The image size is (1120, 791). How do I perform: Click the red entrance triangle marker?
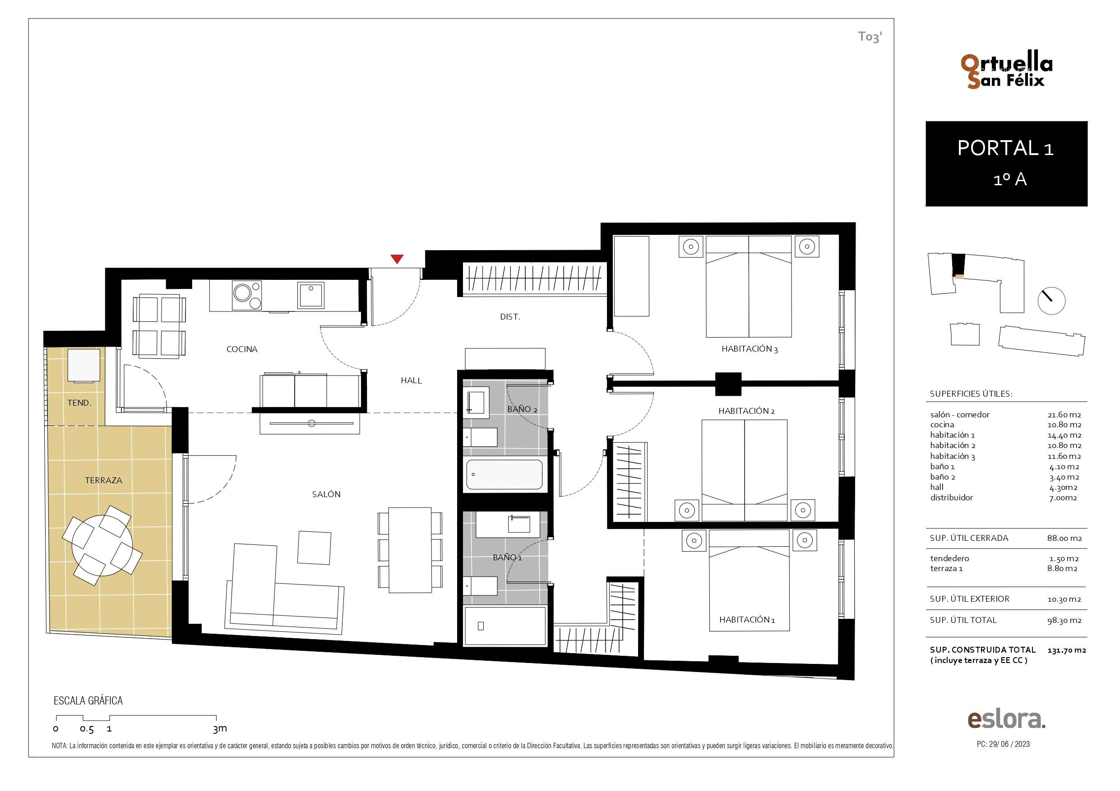(397, 259)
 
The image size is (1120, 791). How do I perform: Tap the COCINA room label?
(242, 349)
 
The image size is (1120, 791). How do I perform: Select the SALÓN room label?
(326, 494)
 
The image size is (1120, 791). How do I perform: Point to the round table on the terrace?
(102, 546)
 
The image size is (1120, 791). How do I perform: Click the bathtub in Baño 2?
(504, 475)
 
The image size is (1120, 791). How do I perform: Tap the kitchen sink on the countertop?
(311, 295)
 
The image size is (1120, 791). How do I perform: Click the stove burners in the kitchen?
(247, 295)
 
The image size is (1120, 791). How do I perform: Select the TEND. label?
(79, 402)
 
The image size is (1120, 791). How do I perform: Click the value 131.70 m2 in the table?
(1066, 650)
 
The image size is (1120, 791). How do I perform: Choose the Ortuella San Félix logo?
(1006, 71)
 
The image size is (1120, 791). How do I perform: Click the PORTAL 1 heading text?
(1006, 148)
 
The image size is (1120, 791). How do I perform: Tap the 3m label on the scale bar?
(220, 729)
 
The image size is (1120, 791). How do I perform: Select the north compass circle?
(1051, 301)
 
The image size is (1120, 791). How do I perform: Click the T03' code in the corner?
(870, 37)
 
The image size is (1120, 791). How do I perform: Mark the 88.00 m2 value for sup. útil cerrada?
(1064, 538)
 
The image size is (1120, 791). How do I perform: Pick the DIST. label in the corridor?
(510, 317)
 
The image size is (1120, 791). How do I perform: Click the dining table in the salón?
(410, 550)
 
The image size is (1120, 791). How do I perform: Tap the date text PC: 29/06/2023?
(1004, 744)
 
